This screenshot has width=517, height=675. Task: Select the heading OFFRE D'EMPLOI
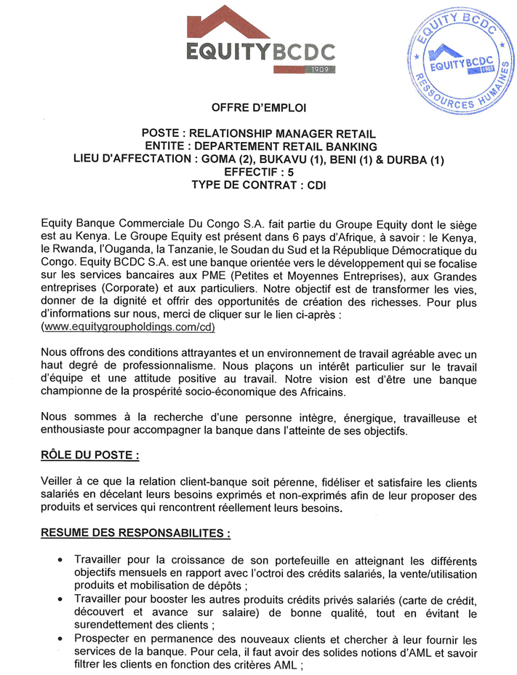click(x=259, y=108)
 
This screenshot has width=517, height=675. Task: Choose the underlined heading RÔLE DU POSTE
click(x=89, y=455)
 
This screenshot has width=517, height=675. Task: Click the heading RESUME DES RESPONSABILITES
click(x=136, y=533)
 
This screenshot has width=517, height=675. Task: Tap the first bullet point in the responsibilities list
click(x=60, y=560)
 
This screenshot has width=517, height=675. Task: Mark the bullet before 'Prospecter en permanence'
click(x=60, y=639)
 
